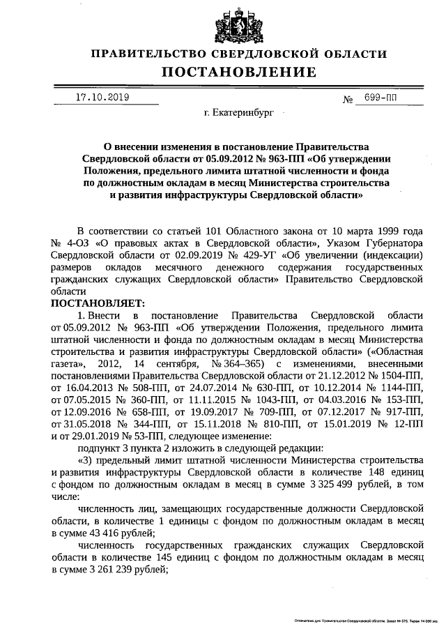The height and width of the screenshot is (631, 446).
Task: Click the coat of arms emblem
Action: click(x=240, y=24)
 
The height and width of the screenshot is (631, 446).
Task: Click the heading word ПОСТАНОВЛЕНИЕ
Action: click(x=239, y=73)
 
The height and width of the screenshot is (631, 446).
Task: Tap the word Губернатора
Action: click(x=392, y=243)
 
